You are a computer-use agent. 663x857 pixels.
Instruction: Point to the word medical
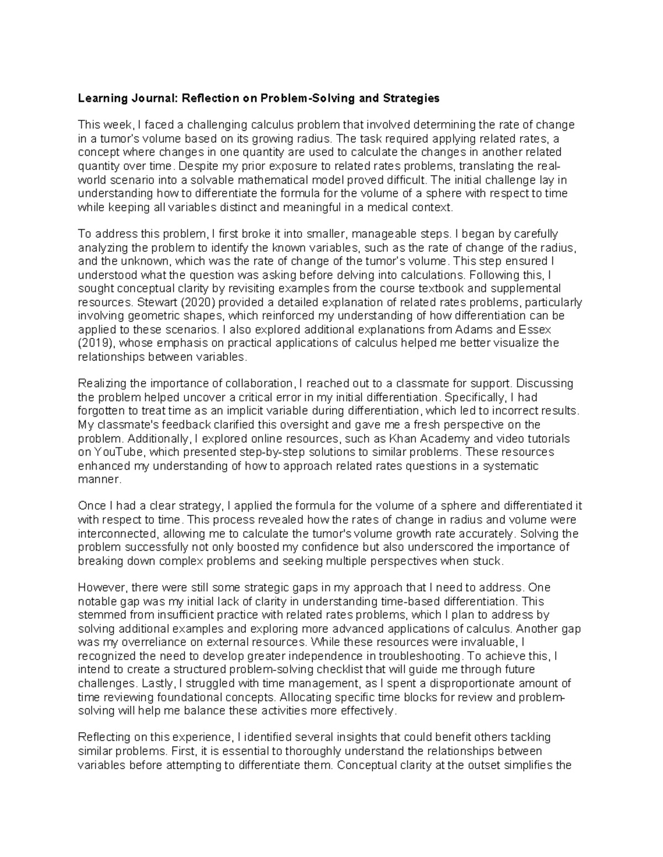[390, 207]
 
